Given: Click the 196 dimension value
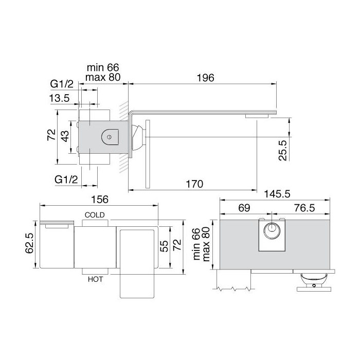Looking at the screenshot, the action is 206,78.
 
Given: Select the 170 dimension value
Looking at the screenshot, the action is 194,184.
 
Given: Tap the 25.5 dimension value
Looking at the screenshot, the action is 283,150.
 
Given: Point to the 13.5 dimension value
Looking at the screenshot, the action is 59,98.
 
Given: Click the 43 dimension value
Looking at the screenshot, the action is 65,136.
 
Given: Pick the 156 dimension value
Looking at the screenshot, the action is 100,200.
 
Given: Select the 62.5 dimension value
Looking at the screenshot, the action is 29,243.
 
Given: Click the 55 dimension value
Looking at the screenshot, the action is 164,246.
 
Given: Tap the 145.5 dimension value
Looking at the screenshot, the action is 277,194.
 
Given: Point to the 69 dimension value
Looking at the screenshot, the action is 244,208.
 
